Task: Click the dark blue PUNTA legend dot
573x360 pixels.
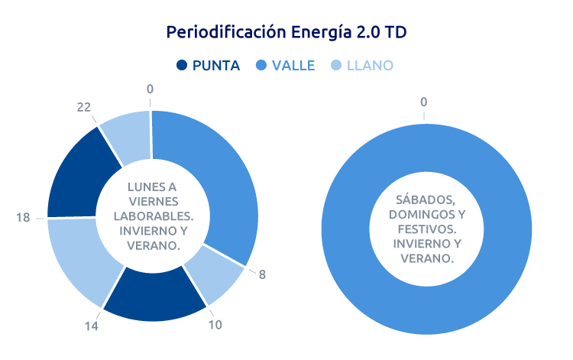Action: point(182,66)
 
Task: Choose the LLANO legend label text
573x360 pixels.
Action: point(370,66)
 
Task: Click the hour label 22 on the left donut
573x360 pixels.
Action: point(84,109)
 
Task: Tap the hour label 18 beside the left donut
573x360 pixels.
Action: point(23,218)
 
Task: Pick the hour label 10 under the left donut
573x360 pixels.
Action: point(215,325)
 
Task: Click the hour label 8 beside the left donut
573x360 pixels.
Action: point(262,274)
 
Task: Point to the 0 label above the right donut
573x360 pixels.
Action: point(424,102)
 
